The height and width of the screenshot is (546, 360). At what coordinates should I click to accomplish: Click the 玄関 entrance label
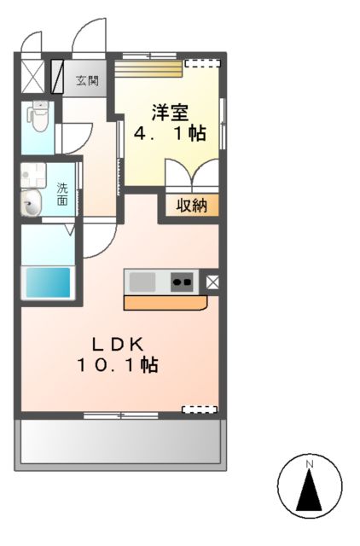87,82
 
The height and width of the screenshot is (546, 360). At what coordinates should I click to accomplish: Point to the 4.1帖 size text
170,134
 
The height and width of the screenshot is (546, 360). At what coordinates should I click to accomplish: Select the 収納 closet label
192,205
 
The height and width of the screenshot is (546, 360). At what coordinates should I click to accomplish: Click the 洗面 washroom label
62,194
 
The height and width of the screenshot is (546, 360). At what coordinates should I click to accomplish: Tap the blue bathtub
47,282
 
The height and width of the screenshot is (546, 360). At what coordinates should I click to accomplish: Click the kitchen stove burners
183,281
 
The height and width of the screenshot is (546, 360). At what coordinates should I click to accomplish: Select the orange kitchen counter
165,302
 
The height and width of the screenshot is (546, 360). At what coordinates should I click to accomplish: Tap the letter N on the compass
311,464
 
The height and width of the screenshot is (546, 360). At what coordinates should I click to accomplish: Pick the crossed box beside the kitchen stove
212,281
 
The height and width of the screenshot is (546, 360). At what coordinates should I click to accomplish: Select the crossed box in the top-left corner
32,75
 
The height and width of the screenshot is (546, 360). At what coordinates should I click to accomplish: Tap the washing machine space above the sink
33,174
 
